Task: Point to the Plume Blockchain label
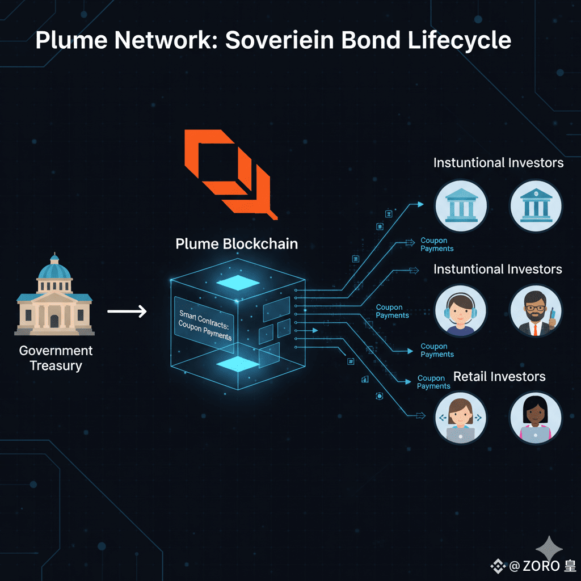click(237, 244)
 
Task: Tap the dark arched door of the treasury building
click(54, 321)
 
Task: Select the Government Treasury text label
click(56, 358)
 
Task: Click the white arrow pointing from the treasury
click(127, 311)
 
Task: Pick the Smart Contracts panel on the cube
click(204, 322)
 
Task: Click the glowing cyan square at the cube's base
click(238, 363)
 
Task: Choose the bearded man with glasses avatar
click(536, 310)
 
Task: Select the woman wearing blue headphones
click(460, 311)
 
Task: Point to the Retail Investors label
click(499, 377)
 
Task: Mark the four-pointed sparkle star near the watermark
click(550, 549)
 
